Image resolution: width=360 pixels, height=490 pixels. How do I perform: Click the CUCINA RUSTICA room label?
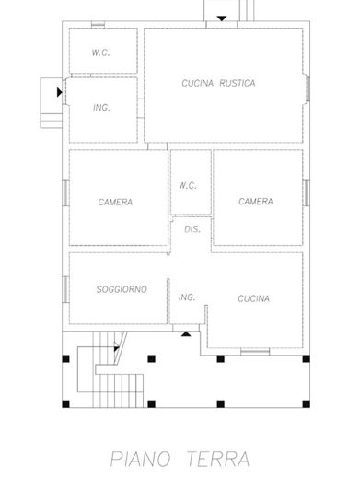tap(217, 83)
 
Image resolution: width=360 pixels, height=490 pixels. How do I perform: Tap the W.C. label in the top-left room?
tap(100, 53)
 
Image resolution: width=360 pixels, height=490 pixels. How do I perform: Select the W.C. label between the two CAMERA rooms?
tap(188, 185)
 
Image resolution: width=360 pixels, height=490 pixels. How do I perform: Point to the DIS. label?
tap(192, 229)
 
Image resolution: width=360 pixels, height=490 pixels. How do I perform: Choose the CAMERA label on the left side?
tap(116, 202)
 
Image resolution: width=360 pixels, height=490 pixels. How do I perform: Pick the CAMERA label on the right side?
tap(255, 202)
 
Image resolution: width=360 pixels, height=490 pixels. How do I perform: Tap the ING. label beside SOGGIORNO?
tap(187, 297)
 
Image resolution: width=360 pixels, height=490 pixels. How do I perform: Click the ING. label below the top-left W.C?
tap(101, 108)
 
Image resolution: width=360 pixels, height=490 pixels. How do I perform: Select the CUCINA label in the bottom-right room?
tap(253, 298)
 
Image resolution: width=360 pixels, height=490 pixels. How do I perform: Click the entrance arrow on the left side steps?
tap(60, 92)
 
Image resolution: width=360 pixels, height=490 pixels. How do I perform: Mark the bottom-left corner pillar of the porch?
tap(64, 403)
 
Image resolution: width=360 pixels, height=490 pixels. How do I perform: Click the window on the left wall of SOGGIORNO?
tap(65, 289)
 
